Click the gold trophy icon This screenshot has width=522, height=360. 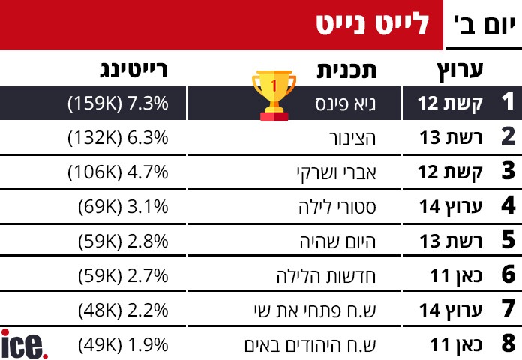pos(274,95)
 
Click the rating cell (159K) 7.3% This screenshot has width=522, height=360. pos(118,103)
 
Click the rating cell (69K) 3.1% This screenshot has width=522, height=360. pos(123,206)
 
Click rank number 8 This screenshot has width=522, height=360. pos(508,344)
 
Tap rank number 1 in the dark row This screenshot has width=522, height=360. pos(508,103)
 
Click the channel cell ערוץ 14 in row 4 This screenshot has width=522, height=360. pos(449,206)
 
